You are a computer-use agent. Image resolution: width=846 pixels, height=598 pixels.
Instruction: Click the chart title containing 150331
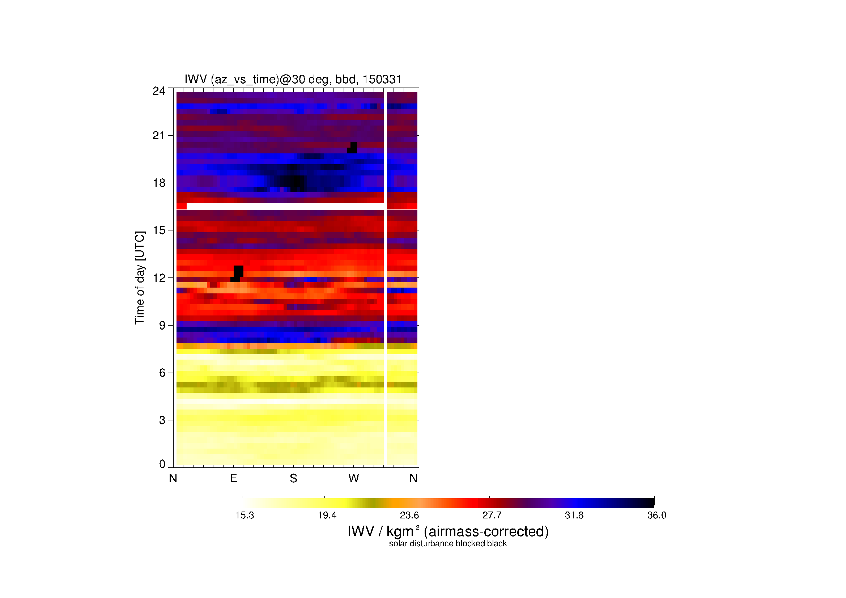coord(293,80)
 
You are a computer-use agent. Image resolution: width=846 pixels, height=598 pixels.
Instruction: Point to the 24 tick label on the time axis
coord(159,91)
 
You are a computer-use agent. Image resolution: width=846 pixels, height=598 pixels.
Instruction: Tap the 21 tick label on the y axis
coord(159,136)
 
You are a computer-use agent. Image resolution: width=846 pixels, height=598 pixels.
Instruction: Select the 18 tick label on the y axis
coord(159,183)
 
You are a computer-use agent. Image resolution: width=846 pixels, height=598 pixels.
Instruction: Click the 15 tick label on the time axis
coord(159,230)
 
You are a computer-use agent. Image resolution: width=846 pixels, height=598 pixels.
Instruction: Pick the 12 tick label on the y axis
coord(159,278)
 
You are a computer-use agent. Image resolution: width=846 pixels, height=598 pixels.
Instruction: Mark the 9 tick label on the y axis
coord(162,325)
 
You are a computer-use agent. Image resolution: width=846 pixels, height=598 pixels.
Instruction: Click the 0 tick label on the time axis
coord(162,464)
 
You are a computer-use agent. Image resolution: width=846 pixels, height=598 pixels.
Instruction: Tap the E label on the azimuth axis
coord(233,478)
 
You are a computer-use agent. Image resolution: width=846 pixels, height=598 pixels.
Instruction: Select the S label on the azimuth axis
coord(293,478)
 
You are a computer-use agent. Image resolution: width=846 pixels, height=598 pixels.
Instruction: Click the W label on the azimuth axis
coord(353,478)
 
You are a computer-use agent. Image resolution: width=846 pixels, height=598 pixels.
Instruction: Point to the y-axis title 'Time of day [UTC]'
coord(140,278)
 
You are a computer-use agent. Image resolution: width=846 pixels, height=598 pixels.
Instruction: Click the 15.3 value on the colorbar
coord(245,515)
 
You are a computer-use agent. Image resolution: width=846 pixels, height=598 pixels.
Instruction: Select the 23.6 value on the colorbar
coord(409,515)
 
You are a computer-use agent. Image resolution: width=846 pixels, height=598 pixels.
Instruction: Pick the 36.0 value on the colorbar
coord(656,515)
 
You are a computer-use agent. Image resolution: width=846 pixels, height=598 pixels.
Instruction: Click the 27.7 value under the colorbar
coord(492,515)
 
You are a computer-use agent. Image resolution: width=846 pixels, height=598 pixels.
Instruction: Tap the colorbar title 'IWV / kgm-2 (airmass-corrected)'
coord(448,531)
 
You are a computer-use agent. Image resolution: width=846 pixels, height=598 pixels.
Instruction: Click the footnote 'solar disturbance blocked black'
coord(448,543)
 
